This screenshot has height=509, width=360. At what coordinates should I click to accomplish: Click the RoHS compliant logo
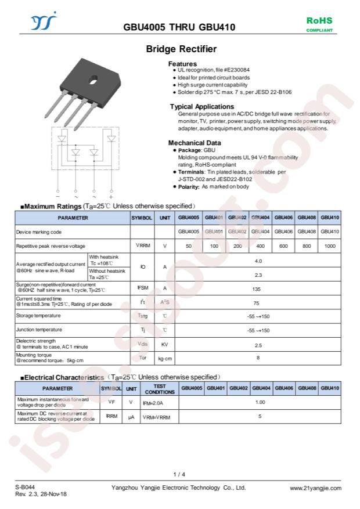(319, 24)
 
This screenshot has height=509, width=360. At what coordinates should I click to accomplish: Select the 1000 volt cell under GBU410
(330, 246)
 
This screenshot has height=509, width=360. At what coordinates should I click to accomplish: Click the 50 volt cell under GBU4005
(189, 246)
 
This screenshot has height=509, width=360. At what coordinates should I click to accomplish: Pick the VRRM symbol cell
(142, 246)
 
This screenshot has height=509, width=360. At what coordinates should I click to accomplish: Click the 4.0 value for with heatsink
(258, 261)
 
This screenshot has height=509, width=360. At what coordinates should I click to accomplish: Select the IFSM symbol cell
(142, 288)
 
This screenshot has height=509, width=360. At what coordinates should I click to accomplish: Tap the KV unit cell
(165, 345)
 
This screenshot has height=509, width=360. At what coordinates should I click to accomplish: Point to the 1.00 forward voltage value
(260, 402)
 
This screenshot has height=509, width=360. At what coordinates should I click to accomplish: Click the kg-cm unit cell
(165, 359)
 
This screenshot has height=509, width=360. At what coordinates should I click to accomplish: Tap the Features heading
(182, 64)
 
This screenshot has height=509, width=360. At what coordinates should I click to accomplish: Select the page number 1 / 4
(179, 474)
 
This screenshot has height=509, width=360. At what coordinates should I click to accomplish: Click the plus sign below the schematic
(111, 197)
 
